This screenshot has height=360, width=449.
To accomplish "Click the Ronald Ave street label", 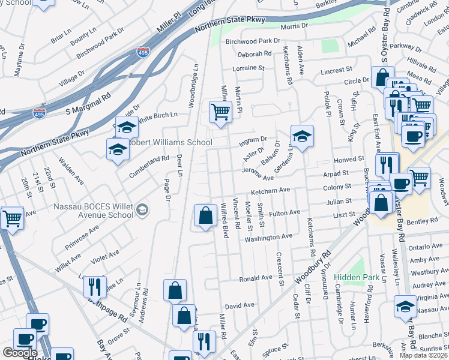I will click(x=256, y=279).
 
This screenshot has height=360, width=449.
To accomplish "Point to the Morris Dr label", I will click(x=294, y=26).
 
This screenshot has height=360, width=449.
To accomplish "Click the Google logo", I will click(x=20, y=353).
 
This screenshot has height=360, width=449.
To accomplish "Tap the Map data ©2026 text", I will click(x=424, y=355).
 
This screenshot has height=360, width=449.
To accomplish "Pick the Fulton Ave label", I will click(x=285, y=213).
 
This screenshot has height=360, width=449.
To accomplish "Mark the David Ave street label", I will click(x=240, y=305).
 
